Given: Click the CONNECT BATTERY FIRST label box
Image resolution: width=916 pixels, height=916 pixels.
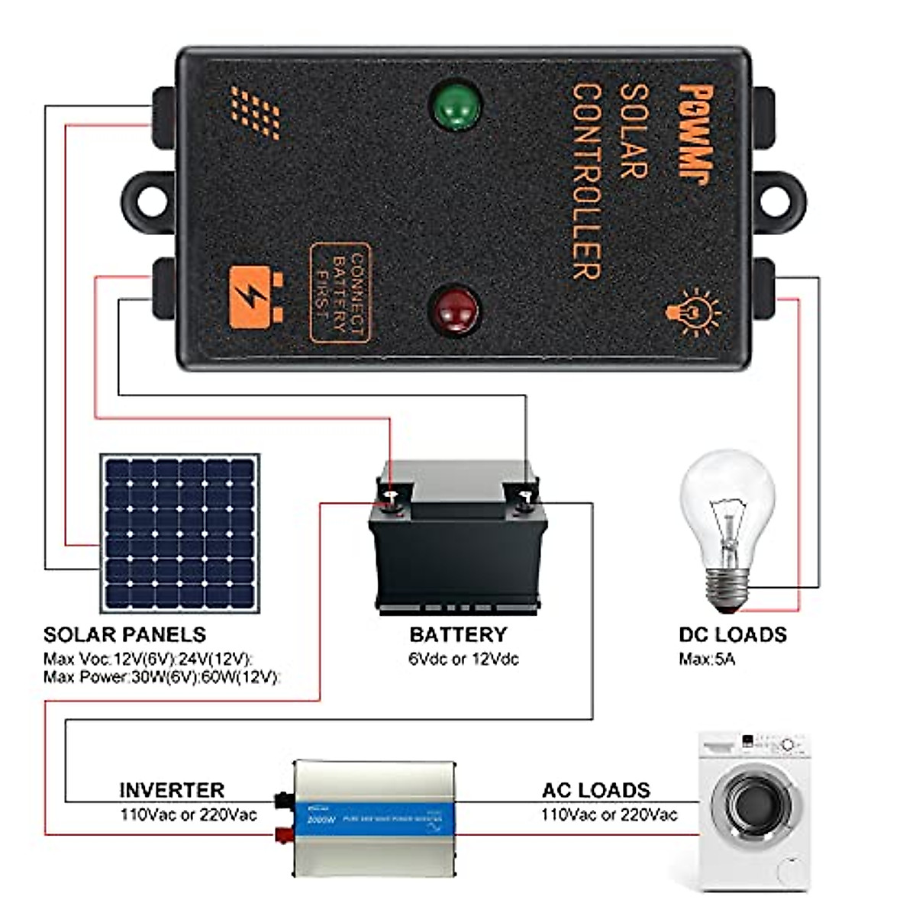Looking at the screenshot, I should [x=339, y=293].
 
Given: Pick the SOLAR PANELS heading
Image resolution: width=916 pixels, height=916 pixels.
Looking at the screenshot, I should [x=124, y=634].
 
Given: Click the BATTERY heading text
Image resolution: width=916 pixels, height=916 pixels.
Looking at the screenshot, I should [x=458, y=634].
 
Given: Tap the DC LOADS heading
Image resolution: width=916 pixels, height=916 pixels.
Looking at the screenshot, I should [x=732, y=634].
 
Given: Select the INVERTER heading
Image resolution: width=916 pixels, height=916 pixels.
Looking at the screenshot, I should [x=172, y=789].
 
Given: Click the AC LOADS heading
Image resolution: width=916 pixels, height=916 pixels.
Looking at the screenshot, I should [x=595, y=789].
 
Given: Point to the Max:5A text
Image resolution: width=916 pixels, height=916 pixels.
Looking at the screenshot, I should [x=707, y=659].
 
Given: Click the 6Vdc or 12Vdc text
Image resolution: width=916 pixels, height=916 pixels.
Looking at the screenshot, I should [x=463, y=659].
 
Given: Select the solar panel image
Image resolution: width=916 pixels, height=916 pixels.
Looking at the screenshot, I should [x=179, y=533].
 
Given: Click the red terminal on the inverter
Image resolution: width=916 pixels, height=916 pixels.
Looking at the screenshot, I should [x=284, y=834].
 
